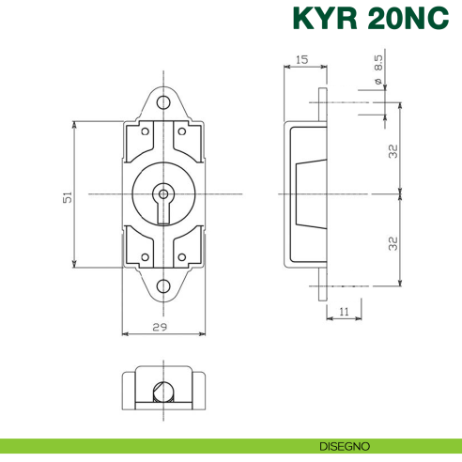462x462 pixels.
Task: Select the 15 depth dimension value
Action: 301,60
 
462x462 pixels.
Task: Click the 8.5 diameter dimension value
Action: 377,63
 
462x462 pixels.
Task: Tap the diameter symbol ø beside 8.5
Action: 377,83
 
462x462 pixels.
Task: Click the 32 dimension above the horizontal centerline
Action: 394,150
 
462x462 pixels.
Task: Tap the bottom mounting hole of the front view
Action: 163,285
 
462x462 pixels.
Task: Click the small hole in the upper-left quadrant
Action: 145,132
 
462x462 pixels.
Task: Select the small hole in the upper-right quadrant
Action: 182,132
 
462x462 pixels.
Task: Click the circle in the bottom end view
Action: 163,393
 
